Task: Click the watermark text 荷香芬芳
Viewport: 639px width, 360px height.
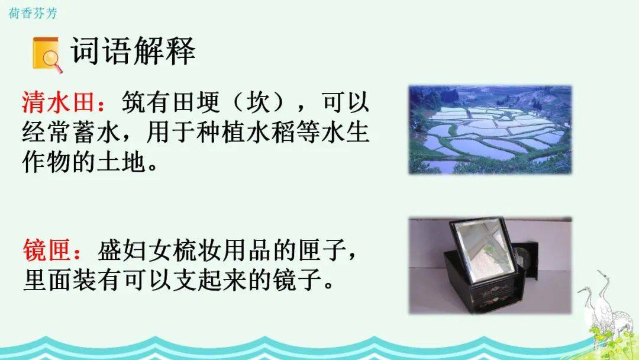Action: (33, 14)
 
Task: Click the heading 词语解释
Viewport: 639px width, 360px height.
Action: (133, 51)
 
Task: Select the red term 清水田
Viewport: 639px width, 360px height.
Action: (58, 102)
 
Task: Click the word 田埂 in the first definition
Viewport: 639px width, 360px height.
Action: (196, 102)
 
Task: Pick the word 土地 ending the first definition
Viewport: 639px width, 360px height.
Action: (121, 162)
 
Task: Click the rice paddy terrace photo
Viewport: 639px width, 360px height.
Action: (490, 130)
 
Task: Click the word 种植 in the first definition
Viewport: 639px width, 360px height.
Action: (221, 132)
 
